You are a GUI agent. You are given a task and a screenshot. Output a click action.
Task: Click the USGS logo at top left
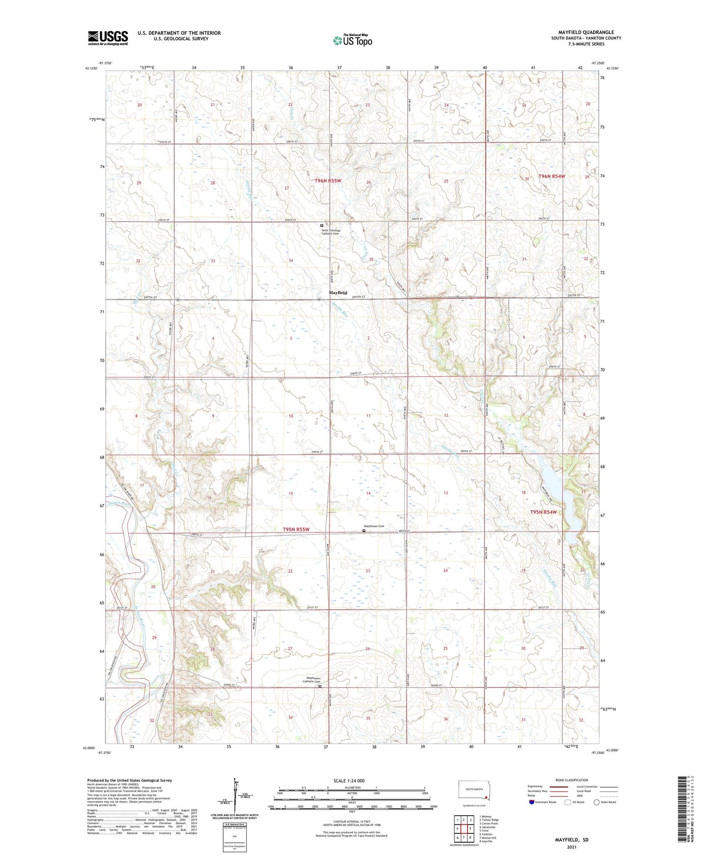pyautogui.click(x=107, y=37)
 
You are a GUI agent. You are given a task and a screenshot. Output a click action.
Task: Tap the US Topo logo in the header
pyautogui.click(x=352, y=40)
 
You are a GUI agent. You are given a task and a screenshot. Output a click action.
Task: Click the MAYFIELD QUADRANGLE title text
pyautogui.click(x=586, y=32)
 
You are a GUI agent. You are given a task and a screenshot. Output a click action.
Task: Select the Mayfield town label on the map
pyautogui.click(x=338, y=293)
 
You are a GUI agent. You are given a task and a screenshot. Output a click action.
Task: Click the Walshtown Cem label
pyautogui.click(x=374, y=526)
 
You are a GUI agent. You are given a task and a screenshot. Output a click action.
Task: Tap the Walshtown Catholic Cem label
pyautogui.click(x=311, y=680)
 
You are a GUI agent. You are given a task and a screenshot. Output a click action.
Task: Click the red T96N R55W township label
pyautogui.click(x=328, y=181)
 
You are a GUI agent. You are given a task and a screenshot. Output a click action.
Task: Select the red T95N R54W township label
pyautogui.click(x=543, y=512)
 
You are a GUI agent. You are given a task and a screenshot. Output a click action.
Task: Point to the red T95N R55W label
pyautogui.click(x=296, y=529)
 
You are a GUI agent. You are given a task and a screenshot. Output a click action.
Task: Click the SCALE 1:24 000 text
pyautogui.click(x=348, y=780)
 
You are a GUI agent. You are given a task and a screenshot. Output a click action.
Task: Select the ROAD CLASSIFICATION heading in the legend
pyautogui.click(x=572, y=780)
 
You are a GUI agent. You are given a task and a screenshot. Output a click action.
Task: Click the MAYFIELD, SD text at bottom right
pyautogui.click(x=571, y=840)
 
